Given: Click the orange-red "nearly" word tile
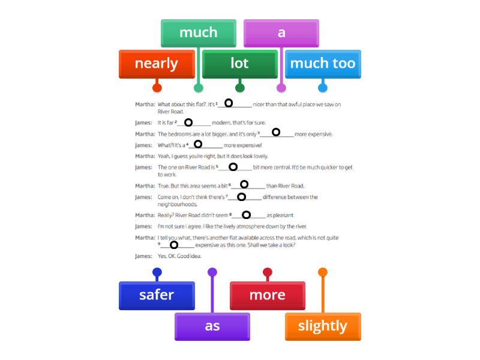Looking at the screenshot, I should [x=157, y=64].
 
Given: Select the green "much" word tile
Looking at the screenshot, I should [x=199, y=32].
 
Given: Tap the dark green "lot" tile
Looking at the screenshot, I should [x=239, y=64].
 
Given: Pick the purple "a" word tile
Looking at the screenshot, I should [x=281, y=32].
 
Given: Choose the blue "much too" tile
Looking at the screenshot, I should [x=322, y=64].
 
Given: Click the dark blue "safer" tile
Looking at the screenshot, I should [x=157, y=295].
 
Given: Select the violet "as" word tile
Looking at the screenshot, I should [x=212, y=326].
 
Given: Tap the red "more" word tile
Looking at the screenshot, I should [x=267, y=295].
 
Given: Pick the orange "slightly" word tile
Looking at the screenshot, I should [x=322, y=326].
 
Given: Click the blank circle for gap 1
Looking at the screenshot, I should [x=229, y=103].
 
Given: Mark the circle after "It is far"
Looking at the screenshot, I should [x=188, y=122].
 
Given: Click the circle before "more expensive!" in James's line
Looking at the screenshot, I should [x=198, y=144].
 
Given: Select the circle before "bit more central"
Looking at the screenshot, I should [x=233, y=167].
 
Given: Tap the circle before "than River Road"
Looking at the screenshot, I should [x=244, y=184].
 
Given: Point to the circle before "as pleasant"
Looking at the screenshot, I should [x=246, y=215].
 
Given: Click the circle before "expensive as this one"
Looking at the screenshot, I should [x=174, y=245].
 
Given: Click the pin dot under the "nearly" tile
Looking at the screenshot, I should [x=157, y=88].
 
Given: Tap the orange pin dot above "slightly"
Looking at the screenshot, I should [x=323, y=272].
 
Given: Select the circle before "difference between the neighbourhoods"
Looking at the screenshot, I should [x=241, y=197].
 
